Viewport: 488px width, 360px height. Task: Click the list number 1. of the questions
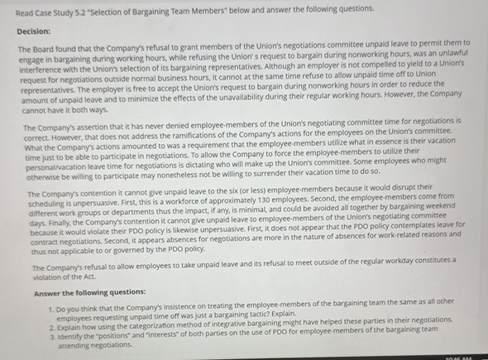point(52,303)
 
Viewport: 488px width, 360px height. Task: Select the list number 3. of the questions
point(52,336)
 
